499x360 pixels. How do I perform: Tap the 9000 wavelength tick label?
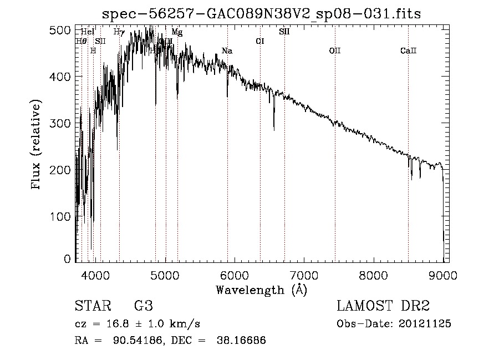click(442, 274)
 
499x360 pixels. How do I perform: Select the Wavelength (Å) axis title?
click(261, 290)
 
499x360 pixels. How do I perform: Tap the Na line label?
click(227, 51)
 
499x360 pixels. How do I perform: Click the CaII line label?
click(408, 51)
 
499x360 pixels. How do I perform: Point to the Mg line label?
click(177, 32)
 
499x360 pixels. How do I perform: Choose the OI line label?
click(259, 41)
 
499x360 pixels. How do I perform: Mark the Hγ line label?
click(119, 32)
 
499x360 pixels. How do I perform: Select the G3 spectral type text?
click(143, 306)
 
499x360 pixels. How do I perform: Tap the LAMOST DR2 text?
click(383, 306)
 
